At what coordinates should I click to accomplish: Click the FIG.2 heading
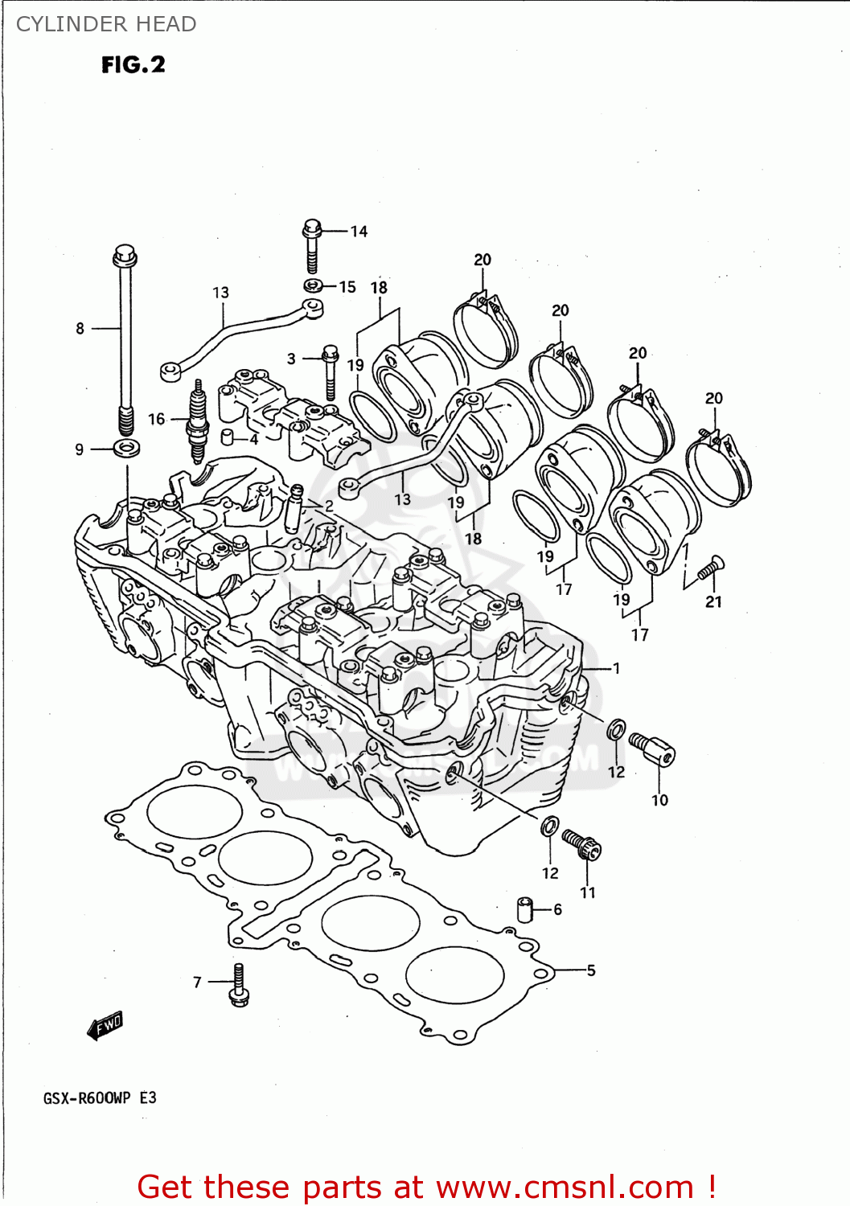(x=133, y=64)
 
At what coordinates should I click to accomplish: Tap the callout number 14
(x=359, y=232)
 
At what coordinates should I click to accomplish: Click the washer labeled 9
(x=126, y=448)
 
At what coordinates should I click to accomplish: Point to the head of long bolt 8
(x=125, y=256)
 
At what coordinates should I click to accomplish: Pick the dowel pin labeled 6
(x=525, y=909)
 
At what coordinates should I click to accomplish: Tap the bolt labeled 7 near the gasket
(x=239, y=985)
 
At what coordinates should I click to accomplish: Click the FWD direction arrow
(x=105, y=1026)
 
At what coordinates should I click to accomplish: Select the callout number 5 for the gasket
(x=591, y=970)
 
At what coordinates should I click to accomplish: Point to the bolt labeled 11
(x=582, y=844)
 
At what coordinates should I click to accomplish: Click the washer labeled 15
(x=314, y=285)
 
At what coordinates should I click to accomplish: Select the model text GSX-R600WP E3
(x=100, y=1098)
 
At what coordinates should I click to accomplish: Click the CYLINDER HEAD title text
(x=106, y=24)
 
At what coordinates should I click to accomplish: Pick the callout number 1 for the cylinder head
(x=616, y=668)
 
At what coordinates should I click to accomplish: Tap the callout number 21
(x=713, y=601)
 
